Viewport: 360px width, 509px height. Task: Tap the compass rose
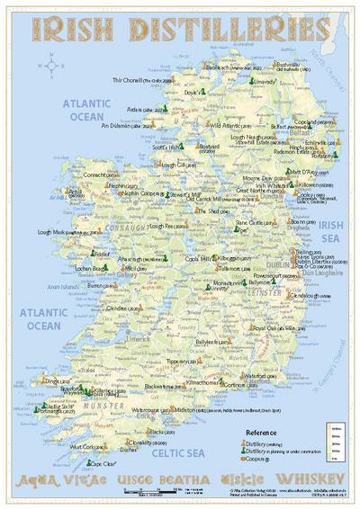coord(51,65)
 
